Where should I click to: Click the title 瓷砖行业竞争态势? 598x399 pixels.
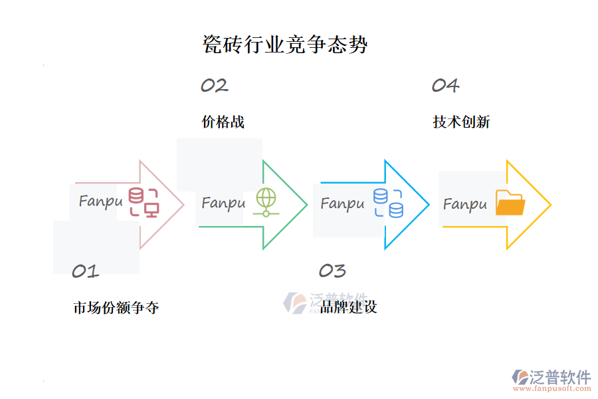[x=284, y=45]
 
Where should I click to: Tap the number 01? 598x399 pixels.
[x=85, y=271]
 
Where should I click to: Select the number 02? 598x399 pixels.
[x=214, y=86]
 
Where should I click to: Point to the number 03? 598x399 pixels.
[x=332, y=271]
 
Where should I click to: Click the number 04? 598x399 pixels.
[x=445, y=86]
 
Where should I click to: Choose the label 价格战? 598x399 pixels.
[x=223, y=122]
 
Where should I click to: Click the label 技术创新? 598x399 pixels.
[x=461, y=122]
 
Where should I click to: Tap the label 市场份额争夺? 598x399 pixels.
[x=116, y=308]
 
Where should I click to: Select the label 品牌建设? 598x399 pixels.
[x=348, y=307]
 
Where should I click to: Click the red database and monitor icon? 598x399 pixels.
[x=144, y=202]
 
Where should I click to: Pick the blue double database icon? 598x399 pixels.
[x=388, y=203]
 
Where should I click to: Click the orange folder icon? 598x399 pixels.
[x=510, y=203]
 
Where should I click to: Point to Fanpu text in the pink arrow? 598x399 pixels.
[x=100, y=201]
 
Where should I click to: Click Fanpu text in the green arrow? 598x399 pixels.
[x=223, y=203]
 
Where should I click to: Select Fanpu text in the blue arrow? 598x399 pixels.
[x=342, y=203]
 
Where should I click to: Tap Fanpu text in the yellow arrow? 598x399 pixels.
[x=464, y=204]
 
